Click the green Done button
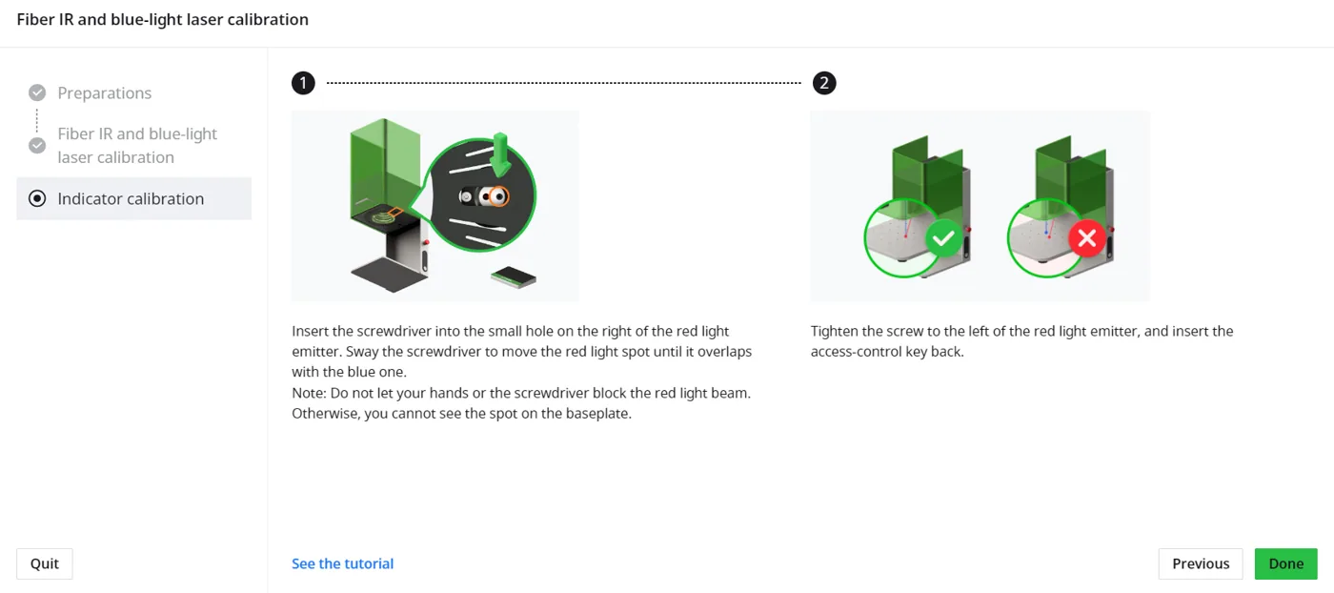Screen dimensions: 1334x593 [1285, 563]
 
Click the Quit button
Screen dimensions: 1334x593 [45, 563]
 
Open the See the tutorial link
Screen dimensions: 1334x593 [342, 563]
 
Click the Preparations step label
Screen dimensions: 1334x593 [104, 93]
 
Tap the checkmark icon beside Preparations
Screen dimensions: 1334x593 [37, 92]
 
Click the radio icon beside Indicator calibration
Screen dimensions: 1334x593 [37, 198]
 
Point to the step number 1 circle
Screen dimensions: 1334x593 [303, 83]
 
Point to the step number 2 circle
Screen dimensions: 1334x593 [824, 83]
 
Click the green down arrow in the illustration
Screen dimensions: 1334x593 [501, 154]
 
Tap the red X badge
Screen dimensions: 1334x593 [1087, 238]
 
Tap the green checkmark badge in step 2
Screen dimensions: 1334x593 [943, 239]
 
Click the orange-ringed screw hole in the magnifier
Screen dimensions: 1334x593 [499, 196]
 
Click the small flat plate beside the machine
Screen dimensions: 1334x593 [514, 277]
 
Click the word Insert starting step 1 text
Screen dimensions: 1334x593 [310, 331]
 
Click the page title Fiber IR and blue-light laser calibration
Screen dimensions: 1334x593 [163, 20]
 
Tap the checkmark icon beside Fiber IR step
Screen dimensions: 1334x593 [37, 146]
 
